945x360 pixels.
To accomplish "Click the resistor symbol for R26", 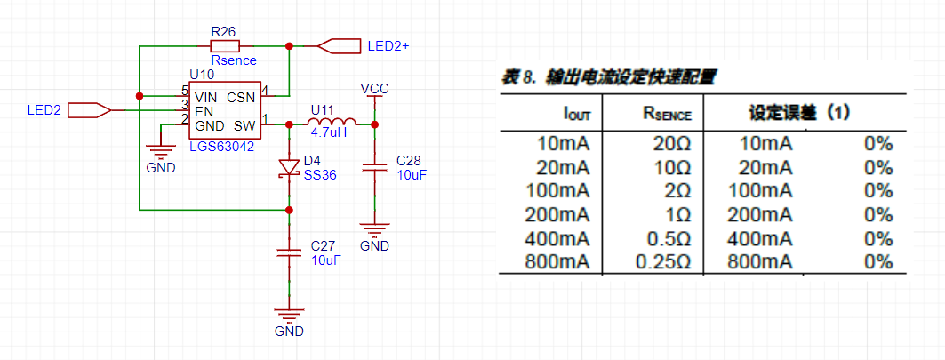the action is click(225, 46).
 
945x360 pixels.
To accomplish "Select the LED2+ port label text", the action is click(389, 46).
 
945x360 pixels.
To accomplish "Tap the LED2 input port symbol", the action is click(89, 110).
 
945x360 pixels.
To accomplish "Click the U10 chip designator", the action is click(202, 74).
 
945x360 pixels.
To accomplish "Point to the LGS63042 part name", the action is click(221, 146).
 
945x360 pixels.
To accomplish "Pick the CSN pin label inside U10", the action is click(241, 97).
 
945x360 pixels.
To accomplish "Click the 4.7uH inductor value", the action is click(329, 132).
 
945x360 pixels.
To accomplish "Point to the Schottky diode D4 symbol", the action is click(289, 168).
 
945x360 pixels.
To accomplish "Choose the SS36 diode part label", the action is click(320, 175).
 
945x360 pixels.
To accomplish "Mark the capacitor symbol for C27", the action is click(289, 252).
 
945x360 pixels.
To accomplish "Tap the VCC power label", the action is click(374, 89).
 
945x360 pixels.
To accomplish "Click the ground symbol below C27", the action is click(289, 316).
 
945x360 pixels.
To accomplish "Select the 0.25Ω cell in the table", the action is click(662, 262).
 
